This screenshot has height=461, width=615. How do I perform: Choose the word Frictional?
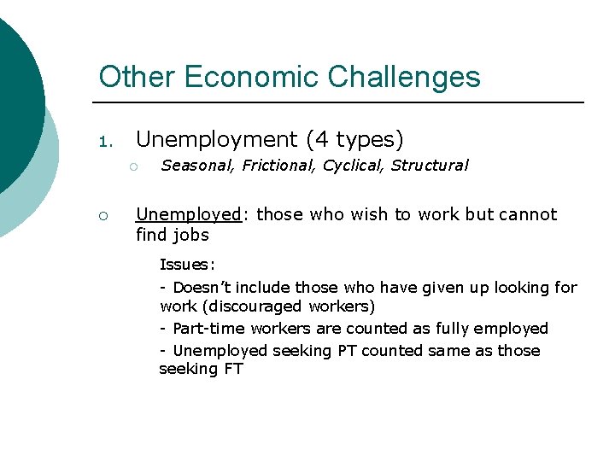pos(278,166)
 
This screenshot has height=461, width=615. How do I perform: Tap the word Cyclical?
pos(353,166)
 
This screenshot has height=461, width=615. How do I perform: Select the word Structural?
pos(430,166)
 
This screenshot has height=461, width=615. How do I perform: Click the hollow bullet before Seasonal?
pos(134,166)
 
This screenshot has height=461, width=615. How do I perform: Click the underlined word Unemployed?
pos(190,214)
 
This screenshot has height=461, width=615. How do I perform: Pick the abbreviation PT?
pos(348,351)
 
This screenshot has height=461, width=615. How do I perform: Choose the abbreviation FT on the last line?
pos(233,370)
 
